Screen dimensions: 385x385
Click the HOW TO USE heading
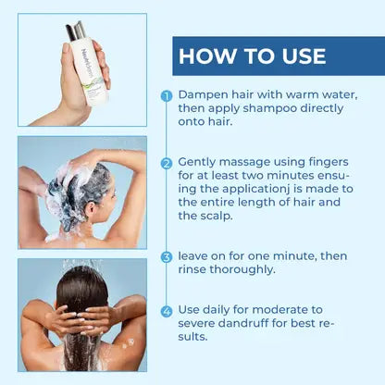pos(252,56)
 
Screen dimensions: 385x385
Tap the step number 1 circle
pos(167,95)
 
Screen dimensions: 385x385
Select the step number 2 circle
pos(167,163)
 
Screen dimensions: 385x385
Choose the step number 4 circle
pos(167,312)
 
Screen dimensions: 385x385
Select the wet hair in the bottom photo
pos(82,305)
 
